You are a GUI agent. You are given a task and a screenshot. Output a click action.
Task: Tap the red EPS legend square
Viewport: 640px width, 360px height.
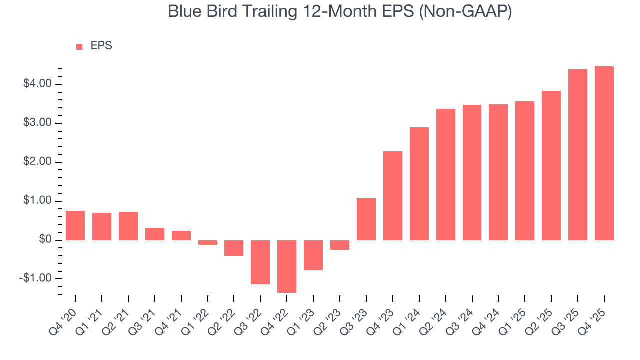79,46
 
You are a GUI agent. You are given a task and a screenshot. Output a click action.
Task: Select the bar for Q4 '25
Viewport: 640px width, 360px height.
604,153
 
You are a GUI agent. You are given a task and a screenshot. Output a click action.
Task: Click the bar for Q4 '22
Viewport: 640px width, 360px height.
287,266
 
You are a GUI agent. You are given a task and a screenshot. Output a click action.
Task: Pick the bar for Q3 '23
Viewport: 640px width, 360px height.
366,219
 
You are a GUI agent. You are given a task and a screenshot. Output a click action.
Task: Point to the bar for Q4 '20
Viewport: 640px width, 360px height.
75,225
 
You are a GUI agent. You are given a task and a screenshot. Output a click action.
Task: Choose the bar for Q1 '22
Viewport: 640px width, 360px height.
208,242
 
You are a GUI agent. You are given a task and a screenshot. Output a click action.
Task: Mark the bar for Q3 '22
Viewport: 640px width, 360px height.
260,262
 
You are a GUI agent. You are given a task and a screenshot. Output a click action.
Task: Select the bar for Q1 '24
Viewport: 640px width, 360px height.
419,184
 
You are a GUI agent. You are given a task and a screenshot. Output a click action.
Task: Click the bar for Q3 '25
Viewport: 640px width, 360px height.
578,155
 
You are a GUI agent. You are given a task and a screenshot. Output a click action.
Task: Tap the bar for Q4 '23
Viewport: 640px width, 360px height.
393,196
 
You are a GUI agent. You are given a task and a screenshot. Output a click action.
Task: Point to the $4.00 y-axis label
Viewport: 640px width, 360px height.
37,84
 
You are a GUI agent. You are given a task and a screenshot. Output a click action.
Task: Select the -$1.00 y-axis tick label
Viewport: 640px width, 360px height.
36,279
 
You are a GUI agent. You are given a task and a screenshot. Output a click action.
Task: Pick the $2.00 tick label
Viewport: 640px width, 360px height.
37,162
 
